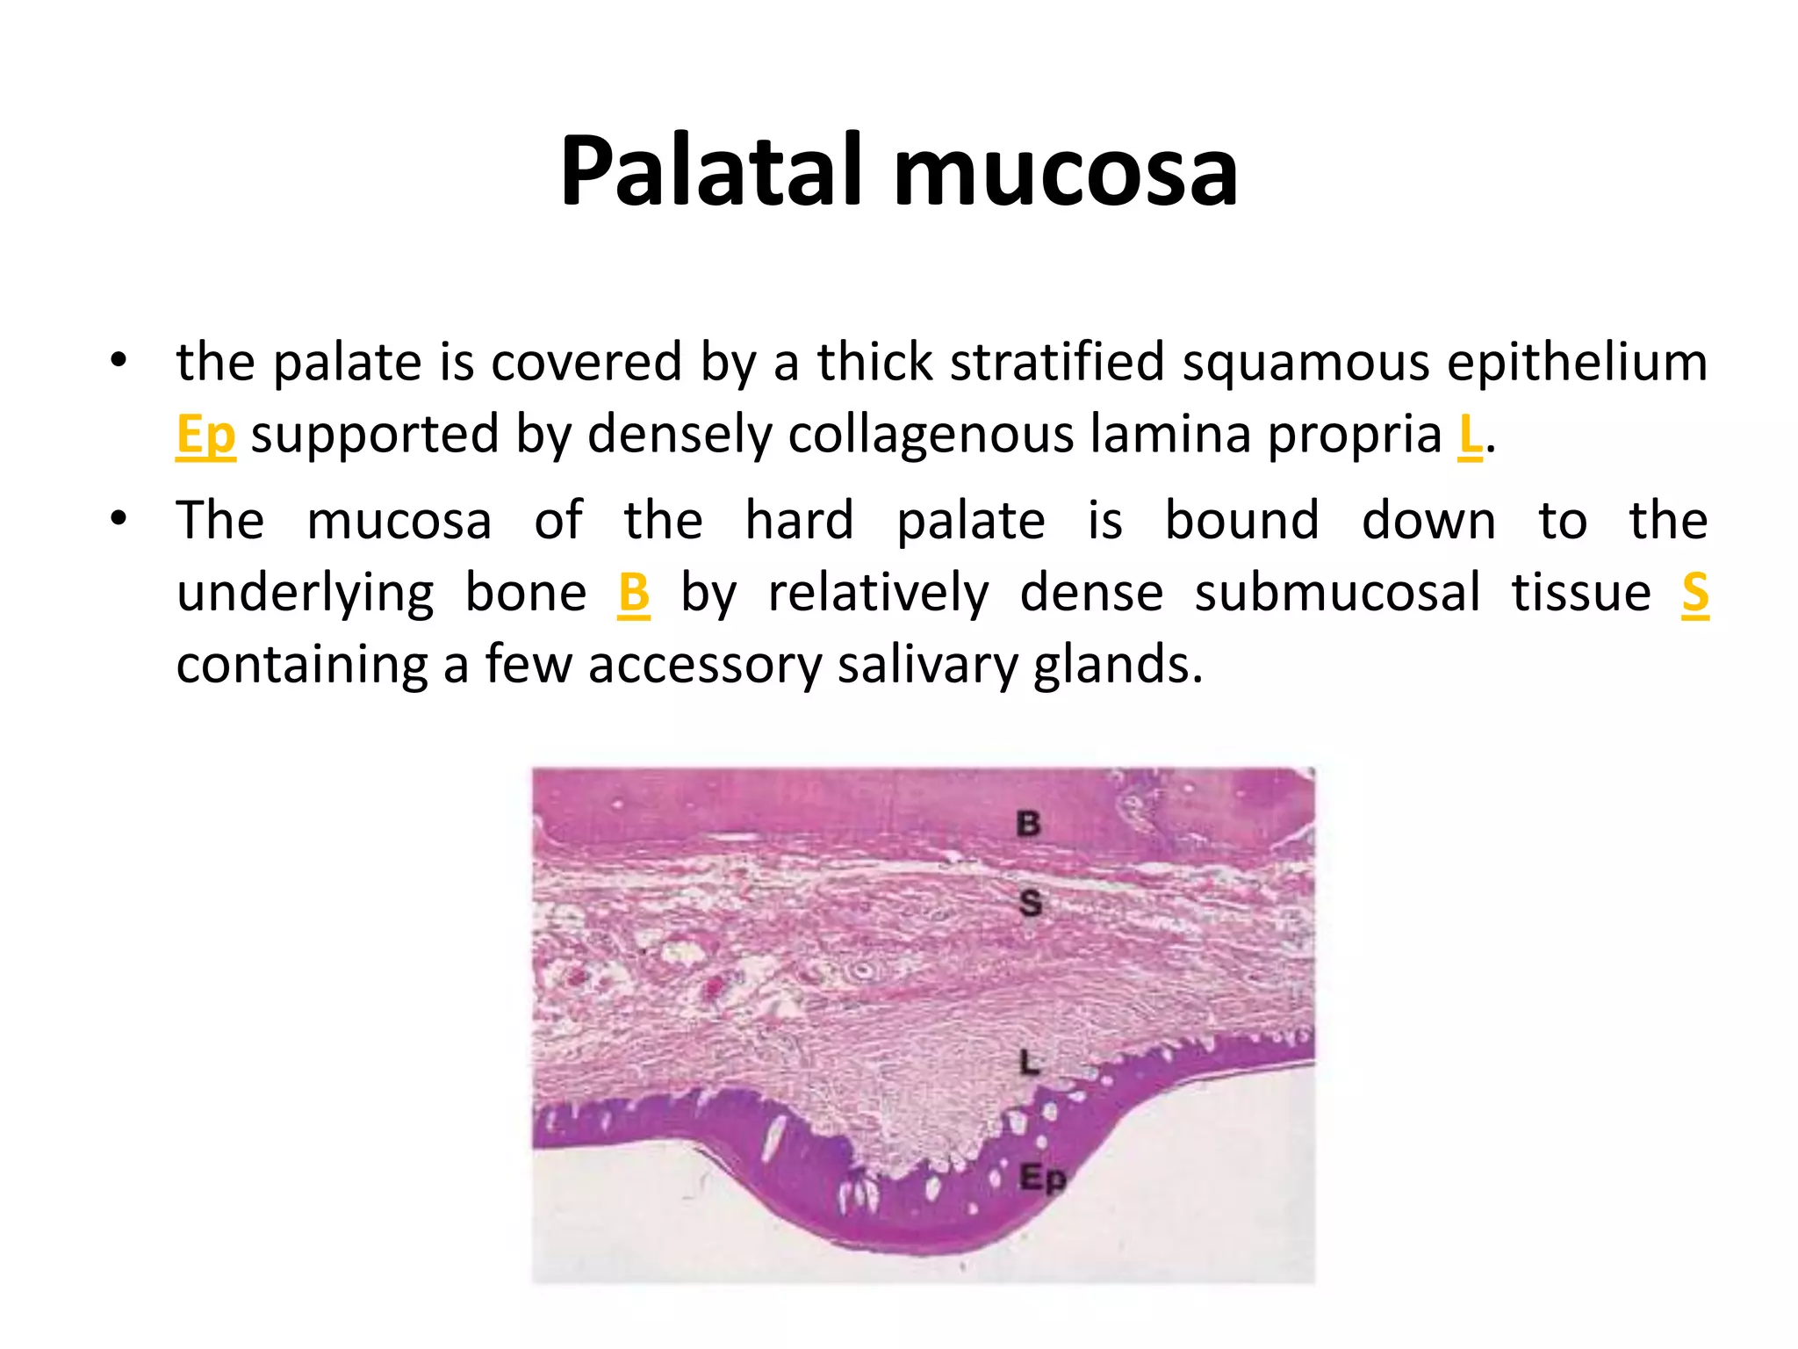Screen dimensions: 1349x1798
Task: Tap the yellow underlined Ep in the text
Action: [x=205, y=435]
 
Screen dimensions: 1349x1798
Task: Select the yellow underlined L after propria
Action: [x=1469, y=435]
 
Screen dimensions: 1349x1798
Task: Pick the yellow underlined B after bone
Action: [x=633, y=593]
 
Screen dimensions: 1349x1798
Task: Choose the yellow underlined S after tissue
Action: [x=1694, y=593]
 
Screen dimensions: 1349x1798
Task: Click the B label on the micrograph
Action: [x=1028, y=824]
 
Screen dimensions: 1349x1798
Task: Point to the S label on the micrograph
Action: [x=1031, y=903]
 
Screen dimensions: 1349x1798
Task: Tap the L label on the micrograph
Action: [x=1030, y=1064]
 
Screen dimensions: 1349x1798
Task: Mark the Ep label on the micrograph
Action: [x=1042, y=1178]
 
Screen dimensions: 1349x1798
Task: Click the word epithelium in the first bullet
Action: [x=1577, y=363]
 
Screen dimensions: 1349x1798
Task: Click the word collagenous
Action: [x=931, y=435]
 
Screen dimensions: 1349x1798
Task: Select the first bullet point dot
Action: [x=119, y=360]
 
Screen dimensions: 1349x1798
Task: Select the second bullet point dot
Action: [x=119, y=518]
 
